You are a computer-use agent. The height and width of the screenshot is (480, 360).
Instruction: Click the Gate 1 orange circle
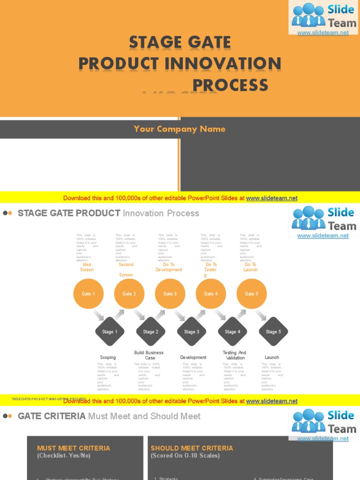click(x=89, y=294)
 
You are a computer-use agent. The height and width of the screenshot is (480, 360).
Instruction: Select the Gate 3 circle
click(x=170, y=294)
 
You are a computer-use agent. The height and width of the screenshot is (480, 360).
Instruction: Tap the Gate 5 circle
click(x=252, y=294)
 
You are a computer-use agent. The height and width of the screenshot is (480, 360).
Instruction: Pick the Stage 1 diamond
click(x=110, y=332)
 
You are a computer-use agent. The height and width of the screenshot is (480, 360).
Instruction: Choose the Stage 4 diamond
click(x=232, y=332)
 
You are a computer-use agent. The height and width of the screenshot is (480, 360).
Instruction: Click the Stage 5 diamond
click(x=273, y=332)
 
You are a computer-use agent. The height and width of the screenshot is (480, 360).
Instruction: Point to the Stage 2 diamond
click(x=150, y=332)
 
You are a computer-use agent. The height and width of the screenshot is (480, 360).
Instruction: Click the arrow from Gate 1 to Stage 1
click(x=98, y=314)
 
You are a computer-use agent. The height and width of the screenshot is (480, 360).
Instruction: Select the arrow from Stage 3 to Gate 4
click(x=201, y=315)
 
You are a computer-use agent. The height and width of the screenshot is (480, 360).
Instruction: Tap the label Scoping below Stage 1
click(x=108, y=358)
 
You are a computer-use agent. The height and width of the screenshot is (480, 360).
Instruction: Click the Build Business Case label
click(x=149, y=355)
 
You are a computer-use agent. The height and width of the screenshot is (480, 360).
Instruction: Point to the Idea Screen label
click(x=87, y=267)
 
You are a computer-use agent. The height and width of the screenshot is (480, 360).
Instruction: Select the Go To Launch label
click(x=250, y=267)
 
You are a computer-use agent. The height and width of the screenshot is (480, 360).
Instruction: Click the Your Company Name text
click(x=180, y=129)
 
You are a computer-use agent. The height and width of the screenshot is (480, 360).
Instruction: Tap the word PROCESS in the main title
click(x=230, y=85)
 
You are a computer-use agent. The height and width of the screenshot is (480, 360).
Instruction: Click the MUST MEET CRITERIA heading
click(x=74, y=448)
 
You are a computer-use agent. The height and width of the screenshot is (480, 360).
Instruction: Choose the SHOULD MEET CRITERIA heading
click(x=192, y=448)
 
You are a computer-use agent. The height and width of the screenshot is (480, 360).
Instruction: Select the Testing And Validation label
click(x=234, y=355)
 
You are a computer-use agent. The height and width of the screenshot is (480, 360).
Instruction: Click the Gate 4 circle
click(x=211, y=294)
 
